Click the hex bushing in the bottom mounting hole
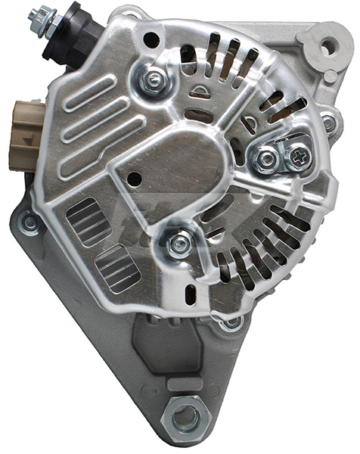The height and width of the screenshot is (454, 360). (185, 417)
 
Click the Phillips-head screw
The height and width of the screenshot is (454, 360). (299, 157)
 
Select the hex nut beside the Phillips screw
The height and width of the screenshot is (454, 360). (267, 159)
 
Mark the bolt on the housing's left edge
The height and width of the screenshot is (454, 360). (29, 222)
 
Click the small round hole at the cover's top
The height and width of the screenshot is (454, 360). (151, 39)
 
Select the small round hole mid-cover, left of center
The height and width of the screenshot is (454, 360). (135, 179)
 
